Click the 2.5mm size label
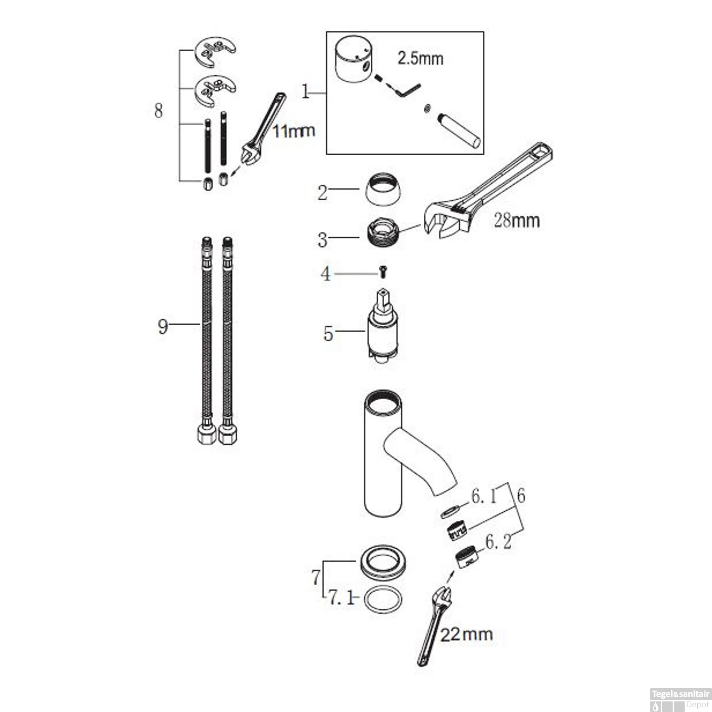(420, 59)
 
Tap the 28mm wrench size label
(516, 221)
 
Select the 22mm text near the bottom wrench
(467, 634)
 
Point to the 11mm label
(294, 131)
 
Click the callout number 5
(328, 334)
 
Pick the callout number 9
(163, 327)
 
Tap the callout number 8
(159, 111)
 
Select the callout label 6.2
(498, 542)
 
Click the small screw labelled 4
(383, 272)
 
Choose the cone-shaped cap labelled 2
(383, 189)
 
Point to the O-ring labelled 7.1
(383, 600)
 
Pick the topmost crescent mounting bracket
(215, 52)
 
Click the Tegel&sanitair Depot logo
(680, 699)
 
